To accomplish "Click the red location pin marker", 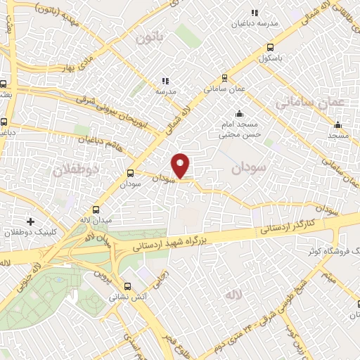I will coord(181,165).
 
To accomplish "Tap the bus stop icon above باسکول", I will coord(271,48).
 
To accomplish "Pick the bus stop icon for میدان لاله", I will coord(96,210).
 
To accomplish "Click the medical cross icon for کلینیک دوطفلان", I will coord(30,221).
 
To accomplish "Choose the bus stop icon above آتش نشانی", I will coord(127,285).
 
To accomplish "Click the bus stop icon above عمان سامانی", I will coord(224,78).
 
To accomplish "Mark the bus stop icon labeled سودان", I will coord(130,173).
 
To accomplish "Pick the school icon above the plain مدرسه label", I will coord(165,81).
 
